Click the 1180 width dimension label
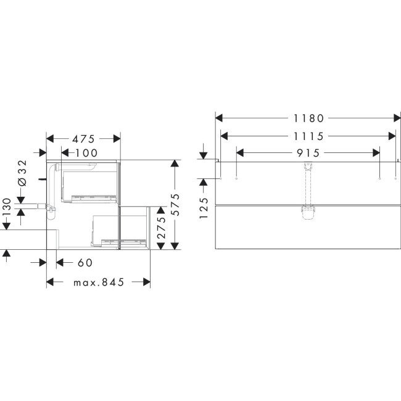[x=308, y=118]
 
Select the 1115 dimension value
[x=308, y=136]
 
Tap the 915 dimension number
[x=308, y=153]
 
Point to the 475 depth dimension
[x=83, y=139]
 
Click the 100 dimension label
[x=86, y=153]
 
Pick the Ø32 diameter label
[x=22, y=173]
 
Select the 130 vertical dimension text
[x=6, y=207]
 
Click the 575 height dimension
[x=175, y=205]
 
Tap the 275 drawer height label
[x=161, y=228]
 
